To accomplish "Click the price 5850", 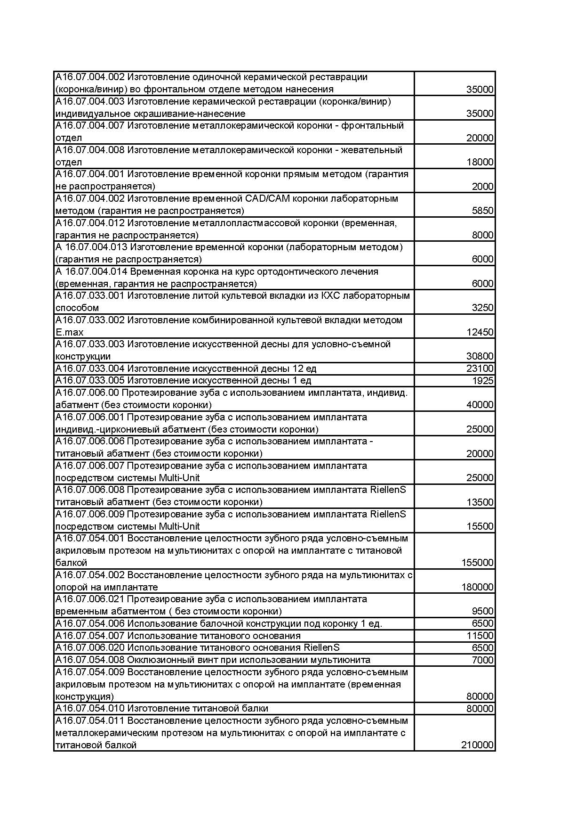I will point(482,211).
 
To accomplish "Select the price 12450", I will point(480,332).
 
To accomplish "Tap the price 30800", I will point(480,357).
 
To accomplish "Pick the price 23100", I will point(480,368).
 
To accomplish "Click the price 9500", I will point(482,611).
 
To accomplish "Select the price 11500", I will point(480,636).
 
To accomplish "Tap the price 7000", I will point(482,660).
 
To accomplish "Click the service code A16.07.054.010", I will point(90,708).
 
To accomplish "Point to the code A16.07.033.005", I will point(90,380).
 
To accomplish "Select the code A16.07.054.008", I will point(90,660).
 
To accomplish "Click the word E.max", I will point(69,332).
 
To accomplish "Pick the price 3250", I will point(482,308).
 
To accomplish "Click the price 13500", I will point(480,502).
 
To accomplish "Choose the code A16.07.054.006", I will point(90,623).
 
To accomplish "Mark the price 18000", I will point(480,162).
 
